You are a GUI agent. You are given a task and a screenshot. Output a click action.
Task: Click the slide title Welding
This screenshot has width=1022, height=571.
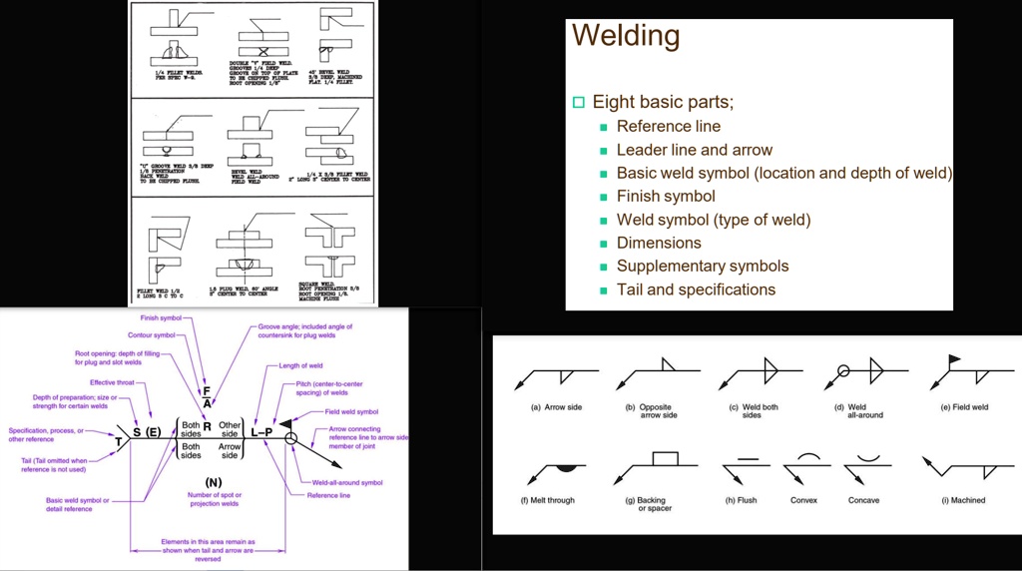[626, 36]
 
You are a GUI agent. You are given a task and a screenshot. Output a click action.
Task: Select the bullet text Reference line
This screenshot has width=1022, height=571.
[668, 126]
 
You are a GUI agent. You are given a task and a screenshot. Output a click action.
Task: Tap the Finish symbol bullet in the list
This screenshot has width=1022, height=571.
[666, 196]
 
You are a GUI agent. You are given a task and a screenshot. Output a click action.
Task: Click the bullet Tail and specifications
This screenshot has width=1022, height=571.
[696, 289]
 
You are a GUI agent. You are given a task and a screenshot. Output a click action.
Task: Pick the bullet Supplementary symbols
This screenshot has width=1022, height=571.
[702, 266]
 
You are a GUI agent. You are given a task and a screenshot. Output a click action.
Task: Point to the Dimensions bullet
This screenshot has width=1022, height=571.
[659, 243]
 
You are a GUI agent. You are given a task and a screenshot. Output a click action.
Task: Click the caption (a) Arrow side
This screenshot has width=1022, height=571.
[556, 407]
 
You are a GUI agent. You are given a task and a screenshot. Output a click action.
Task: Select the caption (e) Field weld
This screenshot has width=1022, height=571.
[965, 407]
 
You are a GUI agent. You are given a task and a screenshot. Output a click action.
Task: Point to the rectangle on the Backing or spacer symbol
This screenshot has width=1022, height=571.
[664, 459]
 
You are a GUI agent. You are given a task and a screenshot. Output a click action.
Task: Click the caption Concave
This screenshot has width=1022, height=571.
[863, 500]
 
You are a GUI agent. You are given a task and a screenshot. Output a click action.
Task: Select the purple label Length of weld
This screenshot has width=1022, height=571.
[300, 366]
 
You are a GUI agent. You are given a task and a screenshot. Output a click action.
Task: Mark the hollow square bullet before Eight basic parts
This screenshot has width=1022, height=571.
[578, 103]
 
